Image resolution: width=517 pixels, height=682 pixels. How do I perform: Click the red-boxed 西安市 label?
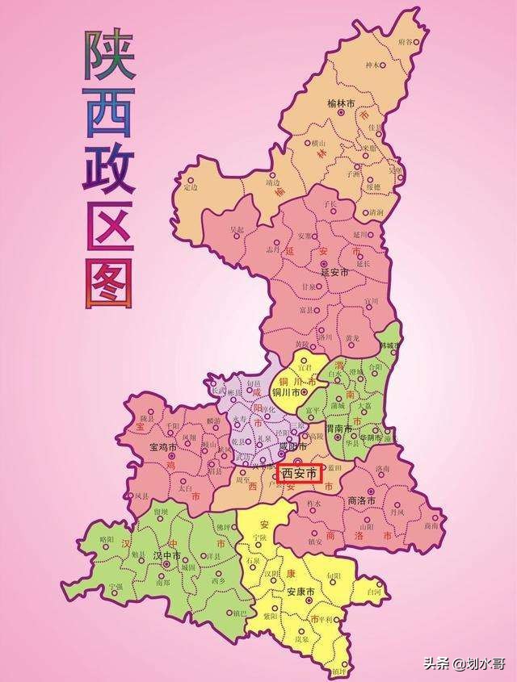pos(300,473)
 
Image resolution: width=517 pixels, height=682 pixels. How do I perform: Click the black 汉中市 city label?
pos(168,555)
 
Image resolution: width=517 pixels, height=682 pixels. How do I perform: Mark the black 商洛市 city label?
pos(363,500)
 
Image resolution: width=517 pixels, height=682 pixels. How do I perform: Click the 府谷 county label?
pos(405,40)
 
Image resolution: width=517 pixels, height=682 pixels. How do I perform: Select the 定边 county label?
pos(191,188)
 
